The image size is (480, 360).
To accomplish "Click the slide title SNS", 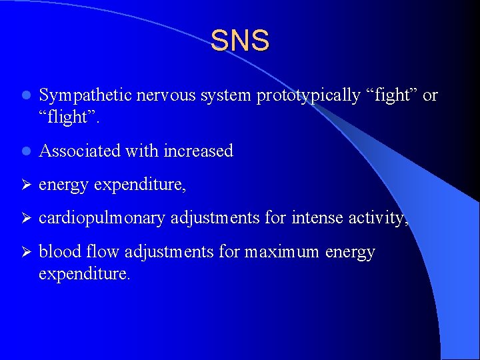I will [240, 41].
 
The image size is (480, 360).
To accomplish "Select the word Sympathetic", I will [85, 96].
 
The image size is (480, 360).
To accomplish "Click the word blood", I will [57, 253].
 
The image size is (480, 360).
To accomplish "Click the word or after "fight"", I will [430, 96].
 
